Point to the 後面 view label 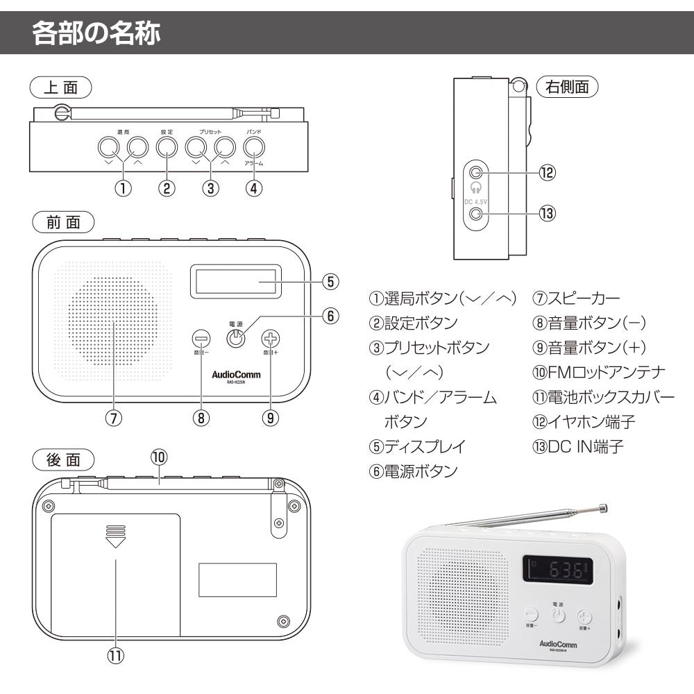63,459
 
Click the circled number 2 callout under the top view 167,187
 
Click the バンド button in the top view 254,146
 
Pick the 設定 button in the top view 167,146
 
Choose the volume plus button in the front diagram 271,339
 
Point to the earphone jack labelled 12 476,173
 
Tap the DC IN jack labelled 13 476,213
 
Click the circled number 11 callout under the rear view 115,655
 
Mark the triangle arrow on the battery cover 115,542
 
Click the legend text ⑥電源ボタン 413,471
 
